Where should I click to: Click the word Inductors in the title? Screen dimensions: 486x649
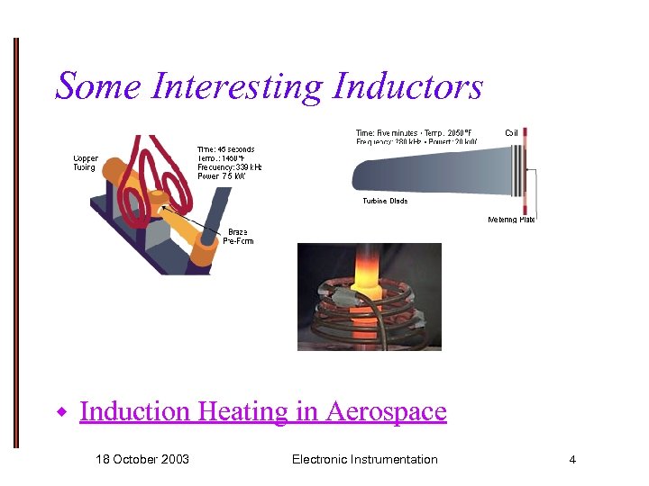pyautogui.click(x=407, y=86)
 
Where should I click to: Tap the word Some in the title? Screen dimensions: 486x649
pyautogui.click(x=99, y=86)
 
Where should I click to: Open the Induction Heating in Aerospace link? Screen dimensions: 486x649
pyautogui.click(x=262, y=411)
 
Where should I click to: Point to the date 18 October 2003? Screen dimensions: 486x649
pyautogui.click(x=142, y=459)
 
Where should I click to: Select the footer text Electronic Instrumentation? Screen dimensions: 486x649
pyautogui.click(x=364, y=459)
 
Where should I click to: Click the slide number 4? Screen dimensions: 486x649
pyautogui.click(x=571, y=460)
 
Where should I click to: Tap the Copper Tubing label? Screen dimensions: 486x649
pyautogui.click(x=86, y=163)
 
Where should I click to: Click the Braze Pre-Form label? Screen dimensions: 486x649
pyautogui.click(x=237, y=236)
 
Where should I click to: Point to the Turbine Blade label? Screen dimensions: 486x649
pyautogui.click(x=385, y=201)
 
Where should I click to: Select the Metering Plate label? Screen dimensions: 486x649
pyautogui.click(x=511, y=220)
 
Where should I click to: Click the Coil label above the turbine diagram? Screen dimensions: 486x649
pyautogui.click(x=511, y=133)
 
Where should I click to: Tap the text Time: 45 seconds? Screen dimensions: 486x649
pyautogui.click(x=225, y=149)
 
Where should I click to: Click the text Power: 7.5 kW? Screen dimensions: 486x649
pyautogui.click(x=222, y=175)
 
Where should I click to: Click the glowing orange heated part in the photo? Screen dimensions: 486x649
pyautogui.click(x=368, y=270)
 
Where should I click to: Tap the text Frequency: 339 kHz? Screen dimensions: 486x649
pyautogui.click(x=229, y=166)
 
